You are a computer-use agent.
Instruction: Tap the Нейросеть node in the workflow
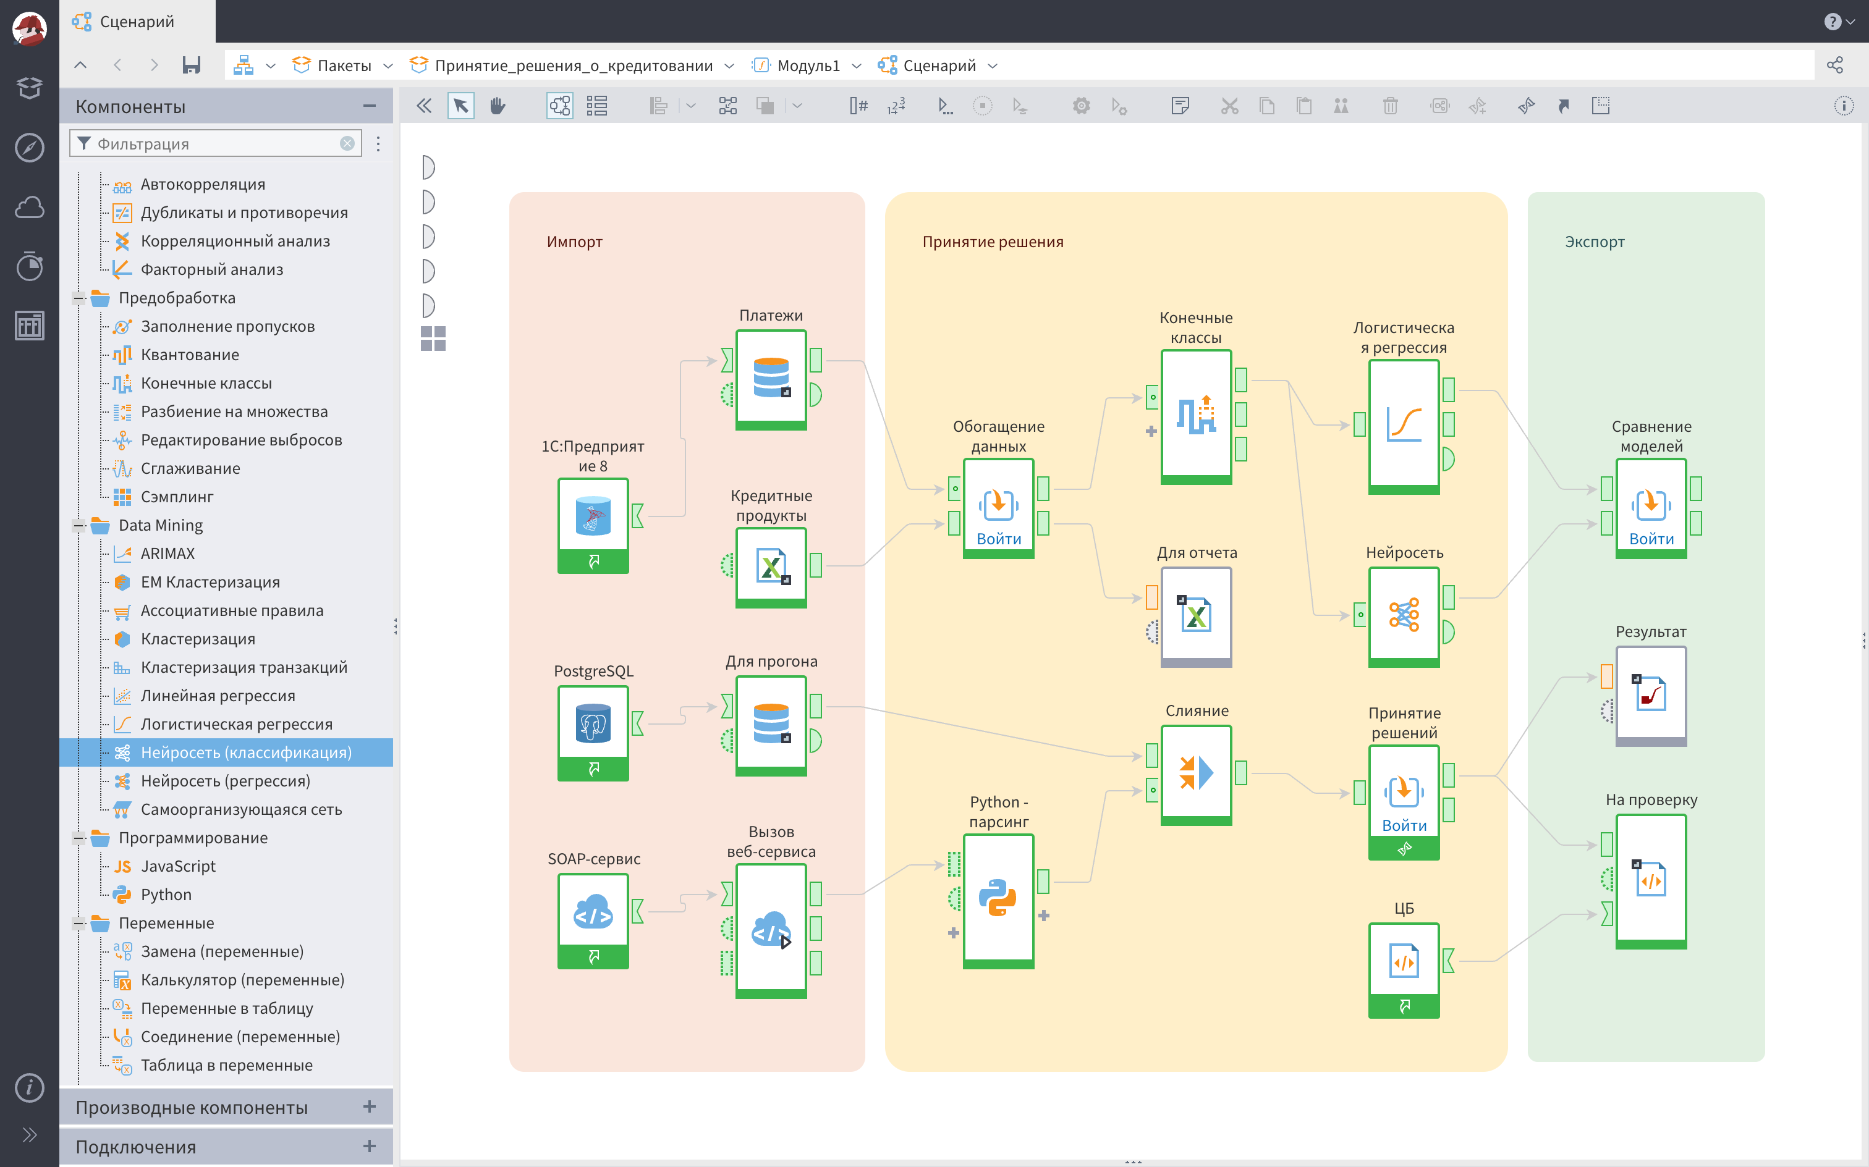click(x=1404, y=616)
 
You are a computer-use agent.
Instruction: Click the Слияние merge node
click(x=1196, y=774)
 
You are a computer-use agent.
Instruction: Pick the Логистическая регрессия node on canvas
click(x=1404, y=426)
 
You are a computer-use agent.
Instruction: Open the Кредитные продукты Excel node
click(x=771, y=567)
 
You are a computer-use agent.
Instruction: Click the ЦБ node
click(x=1404, y=969)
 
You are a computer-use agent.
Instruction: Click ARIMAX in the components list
click(x=167, y=554)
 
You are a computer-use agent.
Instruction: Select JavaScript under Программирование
click(x=177, y=866)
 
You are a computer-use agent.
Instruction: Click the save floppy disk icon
click(x=192, y=65)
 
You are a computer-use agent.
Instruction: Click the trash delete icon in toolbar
click(x=1389, y=106)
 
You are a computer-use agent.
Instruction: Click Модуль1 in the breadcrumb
click(x=808, y=65)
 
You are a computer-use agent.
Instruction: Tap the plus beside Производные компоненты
click(x=369, y=1107)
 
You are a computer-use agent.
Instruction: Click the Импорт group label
click(x=574, y=242)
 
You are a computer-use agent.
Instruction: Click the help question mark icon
click(x=1832, y=22)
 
